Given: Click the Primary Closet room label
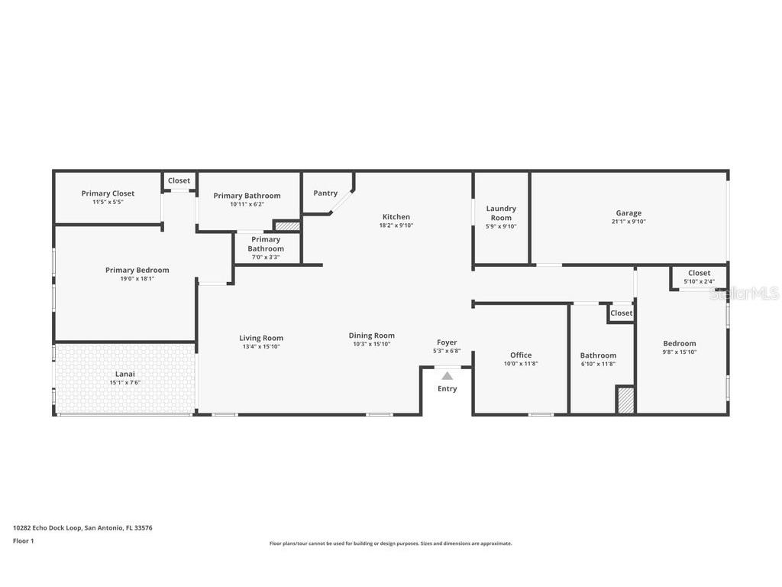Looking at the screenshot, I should [108, 193].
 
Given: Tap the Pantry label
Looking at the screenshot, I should [325, 193].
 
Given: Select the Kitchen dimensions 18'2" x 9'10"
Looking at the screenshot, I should [396, 225].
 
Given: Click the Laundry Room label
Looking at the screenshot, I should [501, 212].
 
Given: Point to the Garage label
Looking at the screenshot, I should [629, 213].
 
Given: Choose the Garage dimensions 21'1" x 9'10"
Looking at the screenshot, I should [629, 222].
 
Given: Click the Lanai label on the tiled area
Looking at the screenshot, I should [125, 374].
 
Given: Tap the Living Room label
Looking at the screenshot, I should [261, 338].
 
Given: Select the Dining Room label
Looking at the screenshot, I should [372, 336].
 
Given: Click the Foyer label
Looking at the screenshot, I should [447, 342].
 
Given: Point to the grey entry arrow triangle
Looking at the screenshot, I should [447, 376].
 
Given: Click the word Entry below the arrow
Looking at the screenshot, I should [447, 389].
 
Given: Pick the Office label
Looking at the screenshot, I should [521, 355].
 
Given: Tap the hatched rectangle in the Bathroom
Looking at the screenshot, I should [625, 401].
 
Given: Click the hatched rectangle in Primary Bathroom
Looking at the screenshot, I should [288, 226].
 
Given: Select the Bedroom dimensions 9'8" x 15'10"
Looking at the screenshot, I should [679, 352].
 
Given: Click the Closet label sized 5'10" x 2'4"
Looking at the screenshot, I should [699, 273].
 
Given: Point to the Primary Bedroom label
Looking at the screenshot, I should [137, 270].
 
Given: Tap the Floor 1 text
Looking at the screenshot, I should [24, 541].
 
